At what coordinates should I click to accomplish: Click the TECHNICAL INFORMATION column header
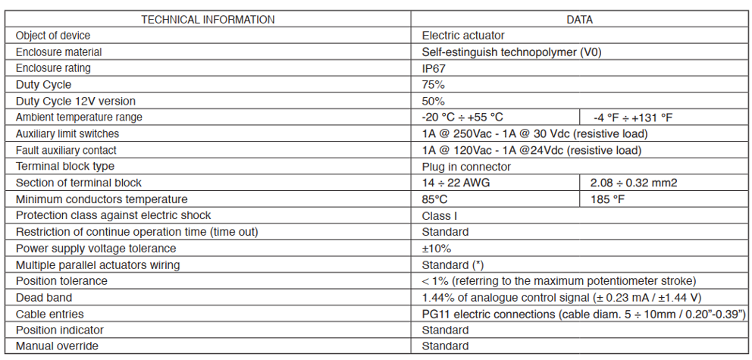click(x=208, y=20)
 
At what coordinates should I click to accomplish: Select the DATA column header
click(x=579, y=20)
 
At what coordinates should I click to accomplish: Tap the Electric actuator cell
click(x=463, y=36)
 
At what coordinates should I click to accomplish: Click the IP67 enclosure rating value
click(x=434, y=68)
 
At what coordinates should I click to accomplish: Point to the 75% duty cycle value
click(x=433, y=85)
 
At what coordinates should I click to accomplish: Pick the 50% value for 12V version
click(x=433, y=101)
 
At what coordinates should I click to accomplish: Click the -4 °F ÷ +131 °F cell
click(x=633, y=117)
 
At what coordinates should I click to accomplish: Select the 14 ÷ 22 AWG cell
click(x=456, y=183)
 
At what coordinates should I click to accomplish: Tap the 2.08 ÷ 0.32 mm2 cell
click(x=634, y=183)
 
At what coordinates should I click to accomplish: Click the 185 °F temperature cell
click(x=608, y=199)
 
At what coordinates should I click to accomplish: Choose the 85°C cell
click(x=434, y=199)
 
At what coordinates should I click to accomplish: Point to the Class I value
click(x=440, y=216)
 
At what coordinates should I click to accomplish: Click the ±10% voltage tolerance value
click(x=437, y=249)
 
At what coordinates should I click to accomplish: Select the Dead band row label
click(x=44, y=298)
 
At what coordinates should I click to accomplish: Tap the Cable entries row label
click(x=49, y=314)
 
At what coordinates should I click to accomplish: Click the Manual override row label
click(x=57, y=346)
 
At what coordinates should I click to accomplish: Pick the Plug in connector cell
click(x=466, y=167)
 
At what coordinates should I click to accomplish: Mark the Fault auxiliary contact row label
click(x=66, y=151)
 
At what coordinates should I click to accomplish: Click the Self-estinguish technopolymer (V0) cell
click(x=511, y=52)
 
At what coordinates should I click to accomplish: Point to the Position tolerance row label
click(x=61, y=281)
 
